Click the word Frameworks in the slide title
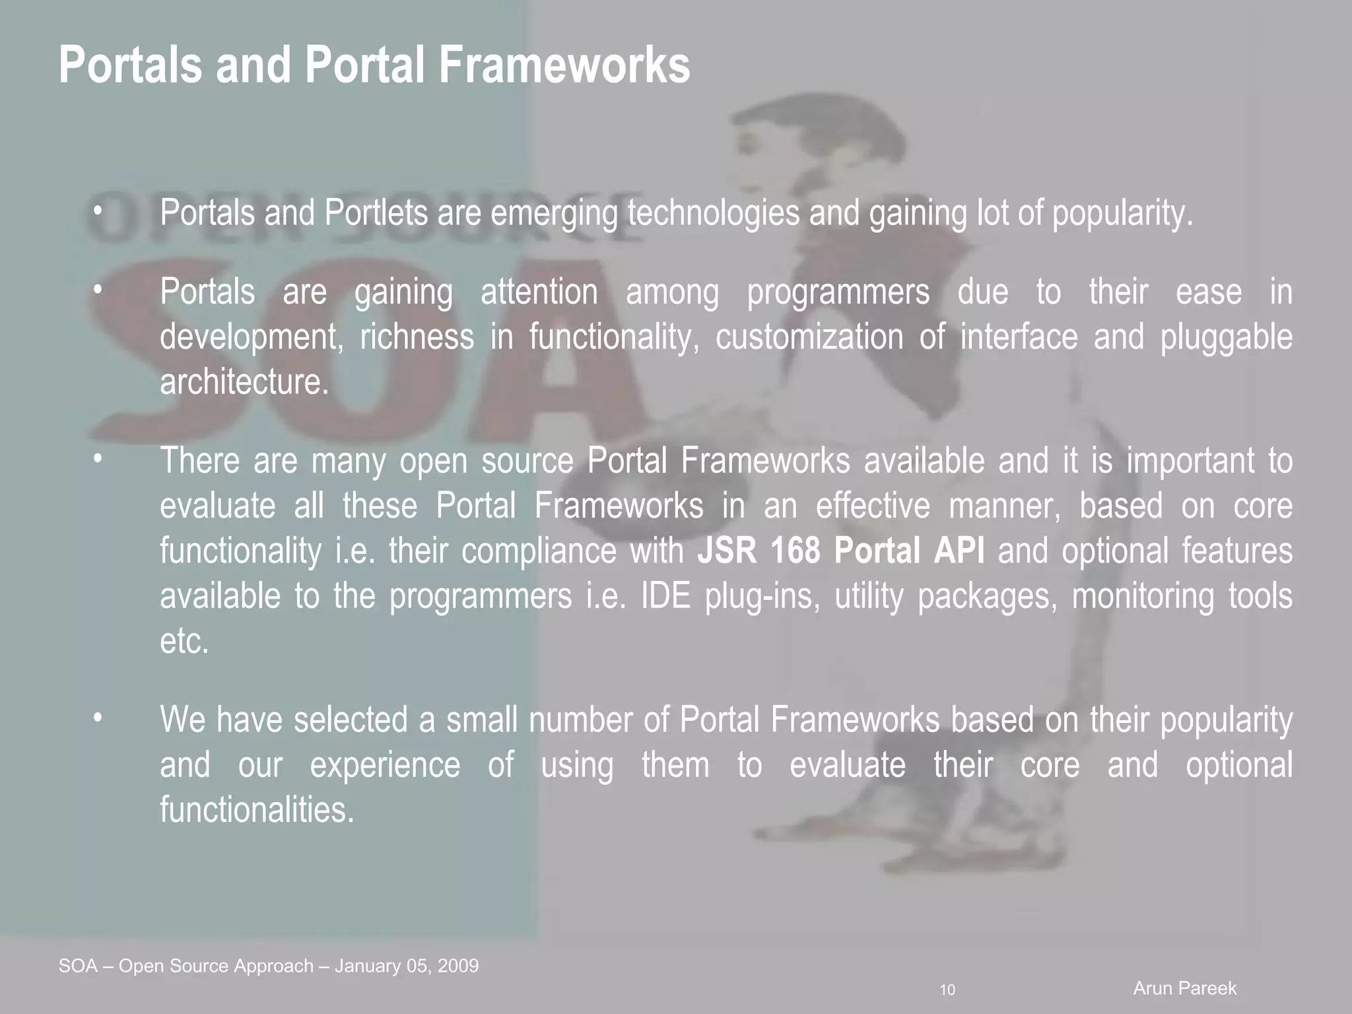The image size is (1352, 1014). (x=564, y=65)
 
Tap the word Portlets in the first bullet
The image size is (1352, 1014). (x=376, y=213)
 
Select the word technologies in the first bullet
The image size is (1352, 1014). (x=713, y=213)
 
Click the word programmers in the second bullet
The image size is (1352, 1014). (x=838, y=292)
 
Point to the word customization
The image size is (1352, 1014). (x=809, y=337)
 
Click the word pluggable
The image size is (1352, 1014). (x=1226, y=337)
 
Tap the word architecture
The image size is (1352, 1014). (x=244, y=382)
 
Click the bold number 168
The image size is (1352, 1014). (x=795, y=551)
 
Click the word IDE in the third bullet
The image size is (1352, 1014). (x=665, y=595)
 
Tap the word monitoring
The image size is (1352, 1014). (x=1142, y=595)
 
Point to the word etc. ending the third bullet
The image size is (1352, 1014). (x=184, y=640)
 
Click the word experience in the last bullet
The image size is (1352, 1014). (x=385, y=764)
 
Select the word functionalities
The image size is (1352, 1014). (x=257, y=809)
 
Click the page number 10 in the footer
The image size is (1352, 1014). (x=947, y=990)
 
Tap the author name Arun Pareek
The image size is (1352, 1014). (x=1184, y=988)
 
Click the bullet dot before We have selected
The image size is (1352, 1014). (x=98, y=718)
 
